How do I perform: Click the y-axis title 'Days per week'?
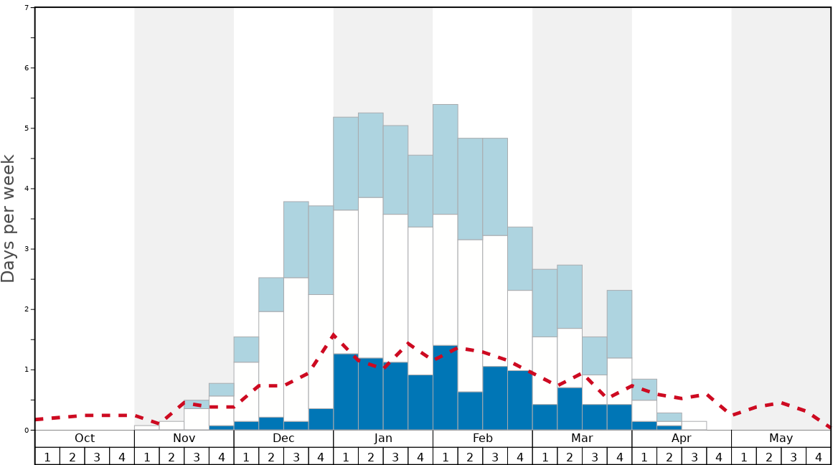tap(9, 219)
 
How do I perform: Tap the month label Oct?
tap(85, 438)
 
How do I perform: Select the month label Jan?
tap(383, 438)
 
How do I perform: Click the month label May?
tap(781, 438)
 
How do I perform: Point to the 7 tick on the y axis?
tap(27, 8)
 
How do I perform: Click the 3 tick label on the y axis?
tap(27, 249)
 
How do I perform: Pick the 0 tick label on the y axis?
tap(27, 430)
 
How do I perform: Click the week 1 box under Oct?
tap(47, 456)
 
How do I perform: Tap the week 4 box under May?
tap(819, 456)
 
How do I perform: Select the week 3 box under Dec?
tap(296, 456)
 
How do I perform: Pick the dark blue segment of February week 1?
tap(445, 387)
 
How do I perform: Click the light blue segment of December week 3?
tap(296, 240)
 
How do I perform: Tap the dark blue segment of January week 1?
tap(346, 392)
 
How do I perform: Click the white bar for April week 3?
tap(694, 426)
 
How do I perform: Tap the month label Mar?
tap(582, 438)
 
